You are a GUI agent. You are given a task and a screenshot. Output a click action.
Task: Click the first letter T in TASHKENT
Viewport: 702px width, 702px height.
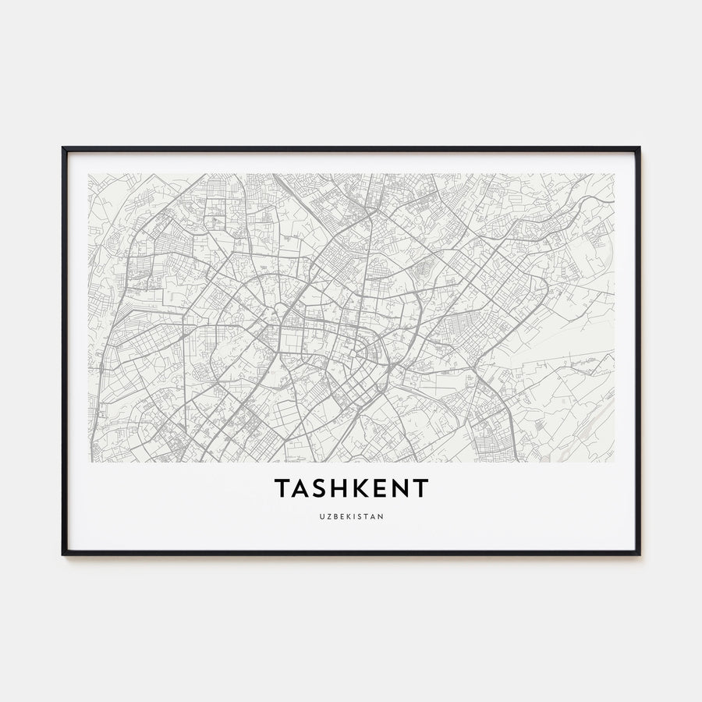click(282, 489)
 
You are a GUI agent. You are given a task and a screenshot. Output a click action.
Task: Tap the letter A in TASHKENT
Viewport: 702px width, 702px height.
click(303, 489)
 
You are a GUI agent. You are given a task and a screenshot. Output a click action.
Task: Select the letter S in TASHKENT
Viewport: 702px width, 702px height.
click(322, 489)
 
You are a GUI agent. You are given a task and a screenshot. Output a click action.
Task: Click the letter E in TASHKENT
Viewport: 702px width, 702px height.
click(381, 489)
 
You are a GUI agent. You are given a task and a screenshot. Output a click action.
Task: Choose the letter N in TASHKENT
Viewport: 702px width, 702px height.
click(400, 489)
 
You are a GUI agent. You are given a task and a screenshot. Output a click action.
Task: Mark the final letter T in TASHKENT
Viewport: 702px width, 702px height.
click(420, 489)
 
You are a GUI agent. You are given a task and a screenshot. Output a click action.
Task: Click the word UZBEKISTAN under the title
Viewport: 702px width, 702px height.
click(351, 516)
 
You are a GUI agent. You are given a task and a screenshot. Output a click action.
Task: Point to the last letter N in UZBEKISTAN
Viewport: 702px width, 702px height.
click(381, 516)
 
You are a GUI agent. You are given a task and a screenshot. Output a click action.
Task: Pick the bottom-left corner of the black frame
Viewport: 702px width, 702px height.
click(63, 554)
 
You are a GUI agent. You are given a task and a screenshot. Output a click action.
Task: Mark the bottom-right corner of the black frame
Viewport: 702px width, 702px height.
click(639, 554)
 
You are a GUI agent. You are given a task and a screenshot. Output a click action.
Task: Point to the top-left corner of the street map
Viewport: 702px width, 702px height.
click(89, 174)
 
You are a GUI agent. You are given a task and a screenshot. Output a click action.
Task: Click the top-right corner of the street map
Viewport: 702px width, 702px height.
click(614, 174)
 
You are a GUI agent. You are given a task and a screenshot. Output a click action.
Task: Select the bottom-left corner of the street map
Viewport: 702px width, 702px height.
click(89, 462)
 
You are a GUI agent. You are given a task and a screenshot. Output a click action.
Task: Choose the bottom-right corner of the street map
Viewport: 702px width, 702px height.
click(614, 462)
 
